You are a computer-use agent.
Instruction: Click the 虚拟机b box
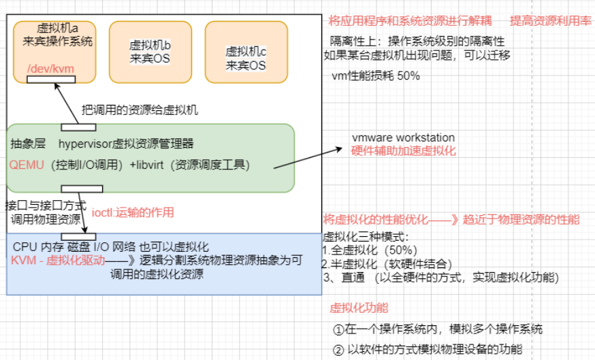coord(150,52)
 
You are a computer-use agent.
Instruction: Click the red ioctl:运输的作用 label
coord(133,212)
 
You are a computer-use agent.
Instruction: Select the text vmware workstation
coord(403,138)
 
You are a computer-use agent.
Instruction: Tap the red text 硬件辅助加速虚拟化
coord(403,150)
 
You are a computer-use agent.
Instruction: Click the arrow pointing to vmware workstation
coord(320,156)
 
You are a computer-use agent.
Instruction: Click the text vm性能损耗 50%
coord(375,76)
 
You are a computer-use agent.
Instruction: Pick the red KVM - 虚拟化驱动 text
coord(58,260)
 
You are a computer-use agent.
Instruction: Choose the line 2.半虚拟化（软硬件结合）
coord(388,263)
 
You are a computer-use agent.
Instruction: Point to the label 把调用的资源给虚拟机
coord(140,110)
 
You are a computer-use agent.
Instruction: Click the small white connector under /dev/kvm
coord(50,80)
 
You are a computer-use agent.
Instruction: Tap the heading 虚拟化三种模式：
coord(365,237)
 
